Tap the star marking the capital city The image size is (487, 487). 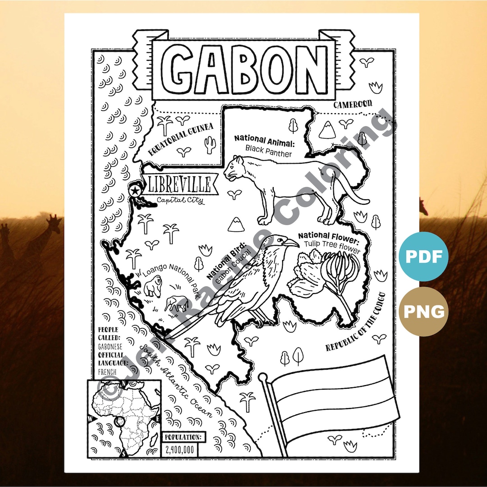click(x=134, y=191)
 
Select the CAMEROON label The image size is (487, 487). click(x=353, y=104)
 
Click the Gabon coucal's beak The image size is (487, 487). click(x=290, y=243)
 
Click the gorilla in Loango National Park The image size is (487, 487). click(x=153, y=286)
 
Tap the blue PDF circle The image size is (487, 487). click(x=423, y=257)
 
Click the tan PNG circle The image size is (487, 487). click(x=423, y=311)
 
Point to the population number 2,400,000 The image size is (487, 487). click(x=179, y=449)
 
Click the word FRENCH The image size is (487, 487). click(x=107, y=372)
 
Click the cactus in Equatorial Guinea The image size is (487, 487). click(x=209, y=145)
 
